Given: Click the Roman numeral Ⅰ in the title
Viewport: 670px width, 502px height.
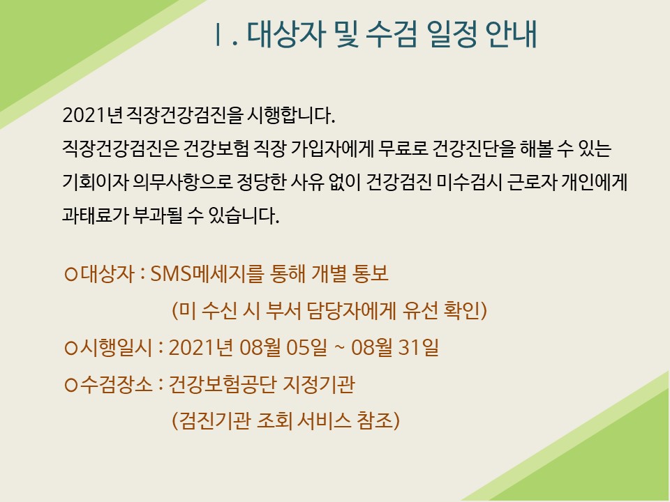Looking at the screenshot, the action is click(x=218, y=34).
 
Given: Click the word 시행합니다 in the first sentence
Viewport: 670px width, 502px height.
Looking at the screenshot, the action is click(x=290, y=115).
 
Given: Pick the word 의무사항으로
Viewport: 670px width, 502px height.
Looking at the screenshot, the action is click(x=183, y=182).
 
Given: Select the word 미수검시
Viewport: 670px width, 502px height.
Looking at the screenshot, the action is click(x=469, y=182).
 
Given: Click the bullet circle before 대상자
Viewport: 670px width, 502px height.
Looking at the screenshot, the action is click(x=70, y=273).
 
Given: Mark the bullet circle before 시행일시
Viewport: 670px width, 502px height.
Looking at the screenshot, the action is click(x=70, y=348).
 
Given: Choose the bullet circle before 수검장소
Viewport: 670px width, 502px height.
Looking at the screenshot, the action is click(x=70, y=385).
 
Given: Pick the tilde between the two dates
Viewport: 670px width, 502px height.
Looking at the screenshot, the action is click(x=339, y=348).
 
